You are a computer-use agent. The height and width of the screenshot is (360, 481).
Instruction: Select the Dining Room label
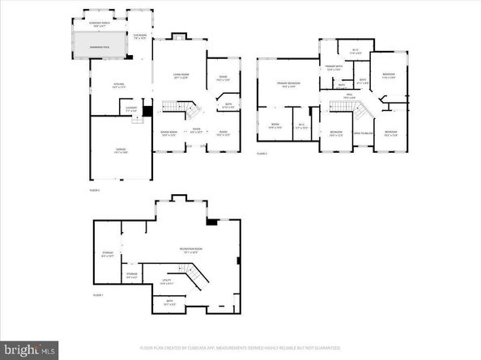pos(169,133)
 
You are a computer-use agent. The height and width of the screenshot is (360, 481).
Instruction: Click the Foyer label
pos(196,129)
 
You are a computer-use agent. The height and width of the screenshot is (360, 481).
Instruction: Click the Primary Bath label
pos(334,68)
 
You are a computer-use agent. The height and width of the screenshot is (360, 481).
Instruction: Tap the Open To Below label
pos(363,133)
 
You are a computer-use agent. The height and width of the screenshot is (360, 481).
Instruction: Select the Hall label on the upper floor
pos(350,96)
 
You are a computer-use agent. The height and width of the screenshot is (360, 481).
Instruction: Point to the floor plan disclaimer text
pos(240,348)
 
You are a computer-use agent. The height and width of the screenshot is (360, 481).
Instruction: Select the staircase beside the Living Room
pos(183,107)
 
